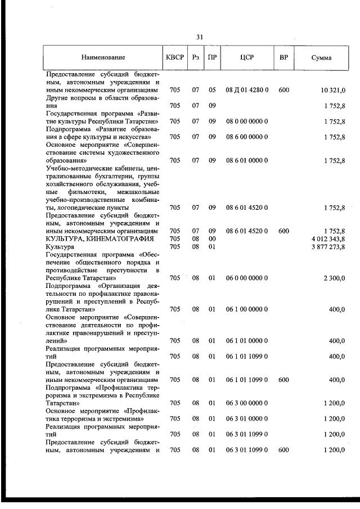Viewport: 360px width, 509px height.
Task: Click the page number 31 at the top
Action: click(200, 37)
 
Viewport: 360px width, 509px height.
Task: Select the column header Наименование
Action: click(103, 57)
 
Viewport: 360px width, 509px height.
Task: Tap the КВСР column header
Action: click(174, 57)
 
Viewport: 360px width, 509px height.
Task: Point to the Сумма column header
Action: click(321, 57)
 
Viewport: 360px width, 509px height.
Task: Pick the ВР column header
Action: click(283, 57)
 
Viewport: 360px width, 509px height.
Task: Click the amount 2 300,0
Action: click(333, 278)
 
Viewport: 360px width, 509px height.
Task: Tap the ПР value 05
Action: click(212, 90)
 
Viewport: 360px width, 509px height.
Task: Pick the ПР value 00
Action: click(212, 238)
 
